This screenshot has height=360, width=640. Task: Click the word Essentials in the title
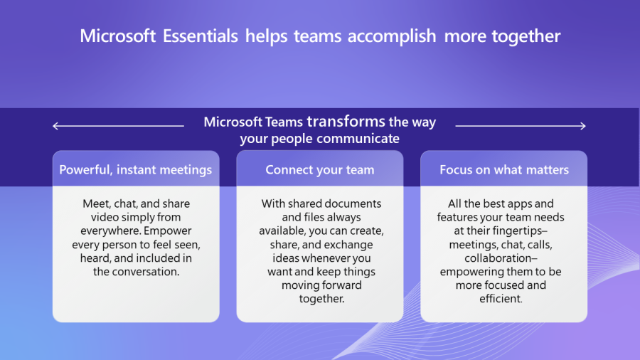200,36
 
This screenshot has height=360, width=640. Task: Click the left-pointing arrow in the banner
118,126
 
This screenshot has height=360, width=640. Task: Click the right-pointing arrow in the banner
521,126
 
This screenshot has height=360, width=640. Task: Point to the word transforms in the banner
346,121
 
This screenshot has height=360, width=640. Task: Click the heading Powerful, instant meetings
136,170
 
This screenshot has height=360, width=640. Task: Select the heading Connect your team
320,170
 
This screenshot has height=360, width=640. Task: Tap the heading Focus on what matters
504,170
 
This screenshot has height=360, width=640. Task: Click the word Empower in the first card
167,231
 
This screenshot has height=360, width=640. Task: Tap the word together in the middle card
321,300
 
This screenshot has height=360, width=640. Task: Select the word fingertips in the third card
520,231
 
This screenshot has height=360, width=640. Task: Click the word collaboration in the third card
501,258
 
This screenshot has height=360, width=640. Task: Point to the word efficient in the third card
501,299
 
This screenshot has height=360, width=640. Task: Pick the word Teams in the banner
284,122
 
